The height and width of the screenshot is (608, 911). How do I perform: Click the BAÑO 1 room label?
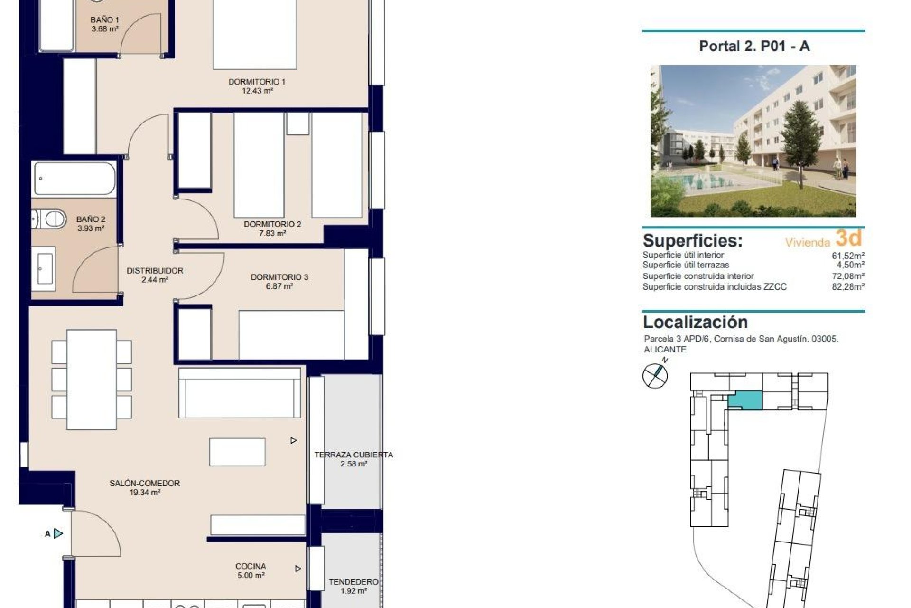pyautogui.click(x=104, y=20)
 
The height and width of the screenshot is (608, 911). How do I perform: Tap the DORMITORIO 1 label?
pyautogui.click(x=257, y=82)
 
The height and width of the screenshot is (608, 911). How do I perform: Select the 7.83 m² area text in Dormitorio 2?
pyautogui.click(x=272, y=233)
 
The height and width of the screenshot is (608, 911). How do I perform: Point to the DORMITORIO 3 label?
pyautogui.click(x=279, y=277)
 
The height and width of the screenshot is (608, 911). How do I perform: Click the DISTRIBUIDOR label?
pyautogui.click(x=155, y=271)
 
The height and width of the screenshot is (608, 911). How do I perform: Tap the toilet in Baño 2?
pyautogui.click(x=49, y=219)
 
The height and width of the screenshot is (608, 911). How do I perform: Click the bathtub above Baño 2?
pyautogui.click(x=74, y=179)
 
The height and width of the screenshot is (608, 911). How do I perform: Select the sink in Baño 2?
pyautogui.click(x=44, y=269)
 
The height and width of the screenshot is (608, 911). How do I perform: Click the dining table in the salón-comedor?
pyautogui.click(x=92, y=379)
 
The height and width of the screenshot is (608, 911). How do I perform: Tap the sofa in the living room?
pyautogui.click(x=240, y=393)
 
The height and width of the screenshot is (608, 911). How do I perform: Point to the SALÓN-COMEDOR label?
pyautogui.click(x=144, y=483)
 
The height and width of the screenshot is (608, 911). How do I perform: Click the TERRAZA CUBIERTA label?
pyautogui.click(x=353, y=455)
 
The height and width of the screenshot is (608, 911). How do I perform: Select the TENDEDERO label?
pyautogui.click(x=353, y=581)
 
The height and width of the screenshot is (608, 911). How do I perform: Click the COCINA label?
pyautogui.click(x=251, y=566)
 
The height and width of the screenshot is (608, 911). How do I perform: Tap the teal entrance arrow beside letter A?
pyautogui.click(x=58, y=533)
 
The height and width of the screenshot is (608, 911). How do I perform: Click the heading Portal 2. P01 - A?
pyautogui.click(x=754, y=46)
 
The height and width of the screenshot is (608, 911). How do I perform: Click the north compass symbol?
pyautogui.click(x=655, y=375)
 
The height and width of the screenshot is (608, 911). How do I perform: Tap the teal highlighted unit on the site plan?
pyautogui.click(x=745, y=400)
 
